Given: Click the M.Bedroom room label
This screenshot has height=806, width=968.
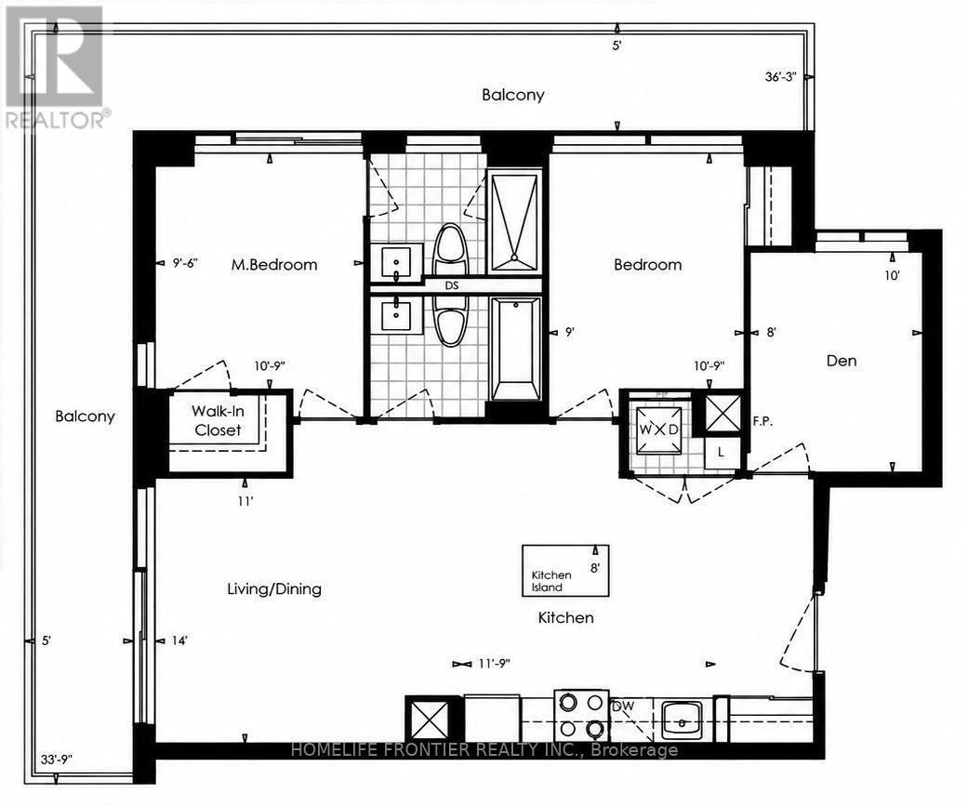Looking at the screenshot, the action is pos(274,265).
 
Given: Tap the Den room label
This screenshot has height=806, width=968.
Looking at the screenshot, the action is pos(842,361).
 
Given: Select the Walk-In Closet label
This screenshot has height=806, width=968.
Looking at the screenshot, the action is pos(218,420).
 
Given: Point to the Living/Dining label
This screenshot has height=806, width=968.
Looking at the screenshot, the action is pos(274,588).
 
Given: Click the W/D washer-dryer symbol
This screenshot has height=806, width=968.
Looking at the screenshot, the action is pos(658,429).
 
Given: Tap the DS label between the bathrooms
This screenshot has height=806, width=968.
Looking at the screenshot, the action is pos(452,285).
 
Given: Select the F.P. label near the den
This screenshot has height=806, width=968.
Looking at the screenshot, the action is pos(763,422).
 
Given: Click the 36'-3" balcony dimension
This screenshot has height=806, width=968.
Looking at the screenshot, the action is pos(781,77).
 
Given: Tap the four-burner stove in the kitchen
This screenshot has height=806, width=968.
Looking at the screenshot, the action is pos(581,716).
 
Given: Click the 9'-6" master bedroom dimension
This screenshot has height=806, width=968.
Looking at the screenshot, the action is pos(185,263).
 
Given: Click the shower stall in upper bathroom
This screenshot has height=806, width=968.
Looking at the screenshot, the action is pos(514,222).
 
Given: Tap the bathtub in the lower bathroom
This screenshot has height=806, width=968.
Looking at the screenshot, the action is pos(515,348).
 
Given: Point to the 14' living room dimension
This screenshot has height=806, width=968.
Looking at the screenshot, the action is pos(179,641).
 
